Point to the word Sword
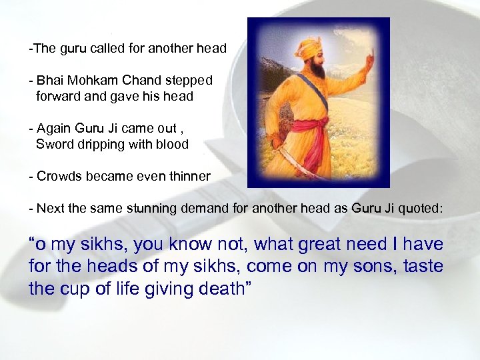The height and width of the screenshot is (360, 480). click(53, 144)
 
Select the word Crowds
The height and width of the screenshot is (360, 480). click(58, 176)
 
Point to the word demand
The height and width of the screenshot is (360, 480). click(194, 208)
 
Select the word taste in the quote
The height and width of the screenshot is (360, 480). click(422, 267)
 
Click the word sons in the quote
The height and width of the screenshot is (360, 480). click(373, 267)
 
